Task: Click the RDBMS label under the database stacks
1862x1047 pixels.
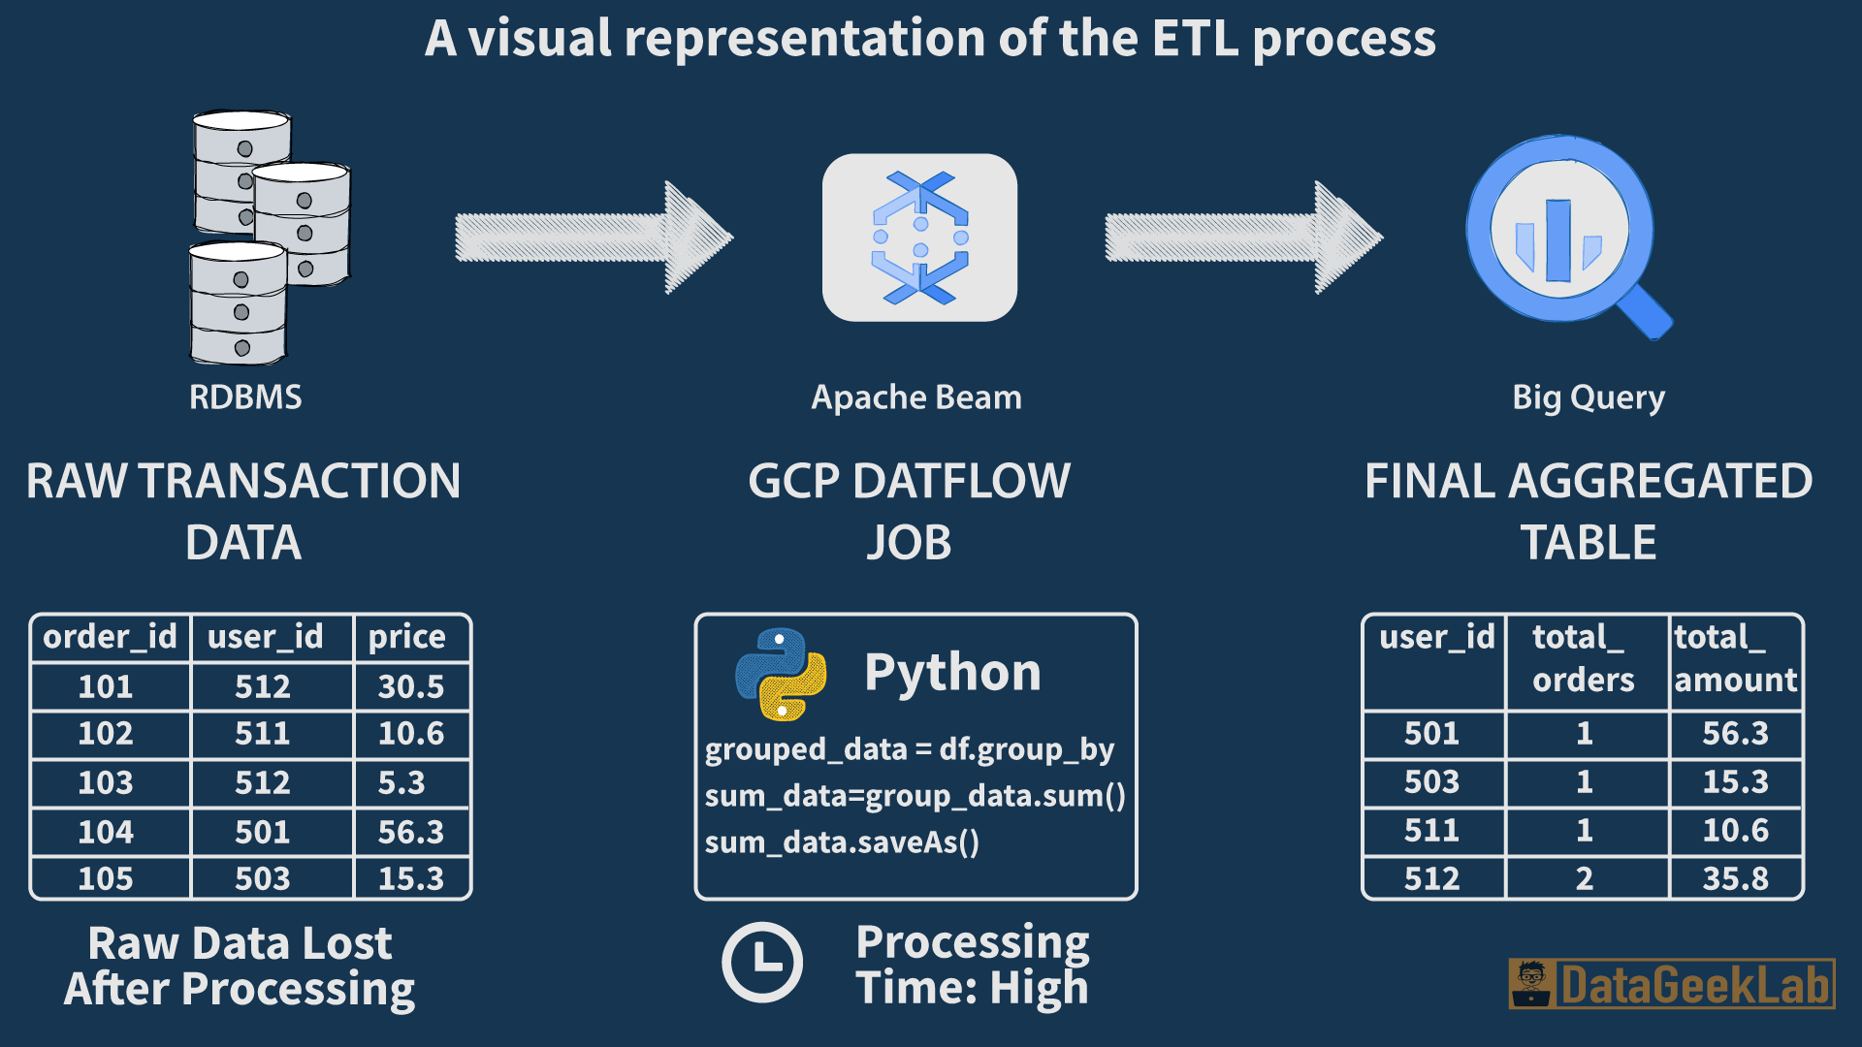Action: coord(245,397)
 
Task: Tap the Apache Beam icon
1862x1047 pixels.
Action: coord(919,238)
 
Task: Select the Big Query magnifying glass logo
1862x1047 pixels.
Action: coord(1568,237)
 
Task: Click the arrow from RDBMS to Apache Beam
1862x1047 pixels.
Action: coord(594,238)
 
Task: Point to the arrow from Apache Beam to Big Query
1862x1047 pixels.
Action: coord(1243,238)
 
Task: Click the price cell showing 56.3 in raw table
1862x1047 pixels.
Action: coord(411,832)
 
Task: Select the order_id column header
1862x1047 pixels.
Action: coord(110,637)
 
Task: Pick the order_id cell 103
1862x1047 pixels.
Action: coord(106,782)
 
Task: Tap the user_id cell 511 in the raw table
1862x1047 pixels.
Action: coord(263,734)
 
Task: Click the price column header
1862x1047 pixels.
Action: coord(407,638)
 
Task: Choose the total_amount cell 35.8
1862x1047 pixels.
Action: coord(1736,878)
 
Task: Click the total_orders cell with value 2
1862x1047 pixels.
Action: coord(1585,878)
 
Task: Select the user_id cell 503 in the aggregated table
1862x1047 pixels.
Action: coord(1432,781)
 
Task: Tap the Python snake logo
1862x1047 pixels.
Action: coord(781,674)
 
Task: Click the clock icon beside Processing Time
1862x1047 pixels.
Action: coord(762,963)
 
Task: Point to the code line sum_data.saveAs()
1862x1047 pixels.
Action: coord(842,841)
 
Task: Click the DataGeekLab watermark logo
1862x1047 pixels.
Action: coord(1672,984)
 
